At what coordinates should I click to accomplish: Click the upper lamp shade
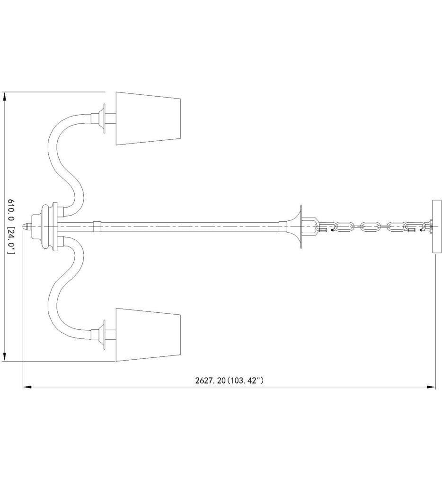tap(149, 118)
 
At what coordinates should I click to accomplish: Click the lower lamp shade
tap(149, 335)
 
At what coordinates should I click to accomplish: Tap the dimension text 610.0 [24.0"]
tap(10, 227)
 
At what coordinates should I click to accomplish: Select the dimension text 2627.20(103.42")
tap(229, 381)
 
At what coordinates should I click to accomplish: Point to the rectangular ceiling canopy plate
tap(436, 227)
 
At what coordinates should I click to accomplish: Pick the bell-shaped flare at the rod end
tap(295, 227)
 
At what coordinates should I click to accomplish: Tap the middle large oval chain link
tap(370, 227)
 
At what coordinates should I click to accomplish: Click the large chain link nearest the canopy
tap(397, 227)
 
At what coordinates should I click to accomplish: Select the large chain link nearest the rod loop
tap(344, 227)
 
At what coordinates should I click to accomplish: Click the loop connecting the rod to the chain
tap(310, 227)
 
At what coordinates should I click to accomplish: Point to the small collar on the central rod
tap(97, 227)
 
